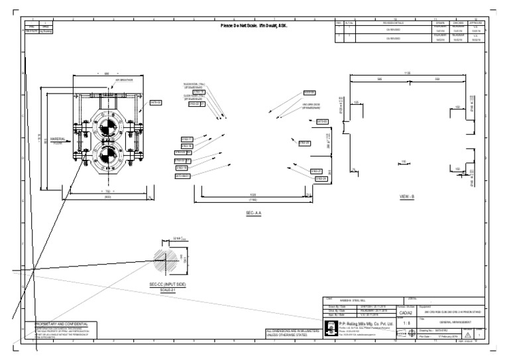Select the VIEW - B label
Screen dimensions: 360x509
point(406,197)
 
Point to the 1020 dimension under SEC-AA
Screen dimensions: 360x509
point(253,195)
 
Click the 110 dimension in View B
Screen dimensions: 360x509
point(404,161)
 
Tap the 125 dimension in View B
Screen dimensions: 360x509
point(357,102)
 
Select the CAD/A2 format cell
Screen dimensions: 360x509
point(406,312)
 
